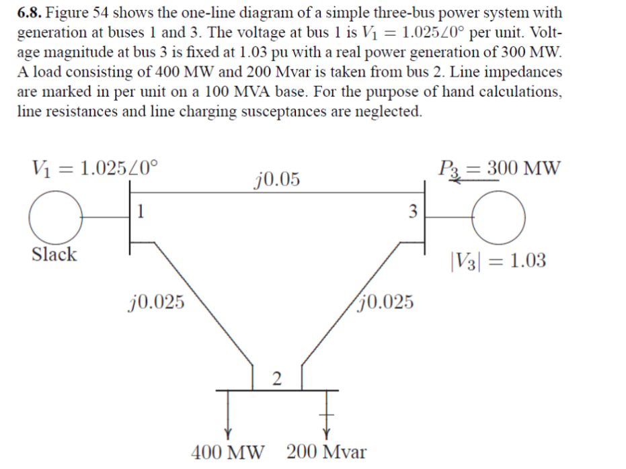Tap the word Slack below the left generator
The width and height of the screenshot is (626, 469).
[54, 255]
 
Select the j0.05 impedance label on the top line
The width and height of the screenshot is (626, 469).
[278, 179]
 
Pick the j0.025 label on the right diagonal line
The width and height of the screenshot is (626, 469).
[387, 302]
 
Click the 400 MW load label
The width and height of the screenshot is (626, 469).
[228, 452]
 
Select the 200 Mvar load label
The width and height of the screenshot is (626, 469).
[327, 452]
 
